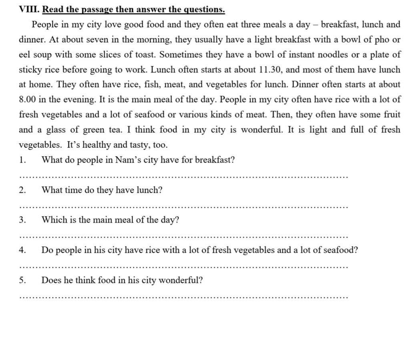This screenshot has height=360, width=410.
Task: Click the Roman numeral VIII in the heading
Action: coord(29,9)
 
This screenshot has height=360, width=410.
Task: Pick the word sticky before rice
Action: coord(30,70)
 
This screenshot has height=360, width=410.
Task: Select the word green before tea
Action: coord(93,130)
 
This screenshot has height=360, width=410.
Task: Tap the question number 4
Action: coord(22,250)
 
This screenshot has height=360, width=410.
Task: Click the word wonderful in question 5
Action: coord(181,280)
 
